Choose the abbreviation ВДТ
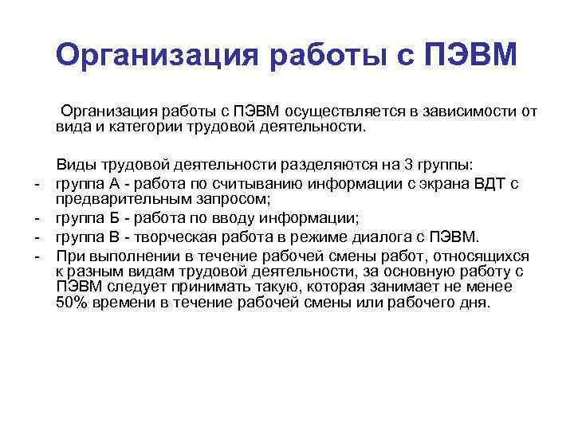pyautogui.click(x=488, y=184)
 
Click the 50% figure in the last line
pyautogui.click(x=73, y=303)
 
